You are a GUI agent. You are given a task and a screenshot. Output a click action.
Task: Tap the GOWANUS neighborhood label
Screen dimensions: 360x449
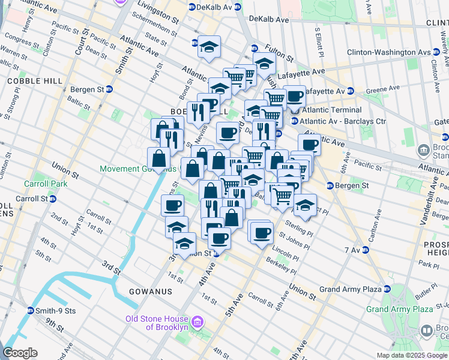pos(150,292)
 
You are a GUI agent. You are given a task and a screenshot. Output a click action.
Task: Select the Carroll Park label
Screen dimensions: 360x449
pos(40,184)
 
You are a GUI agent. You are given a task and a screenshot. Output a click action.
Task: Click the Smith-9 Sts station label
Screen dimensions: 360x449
pos(53,311)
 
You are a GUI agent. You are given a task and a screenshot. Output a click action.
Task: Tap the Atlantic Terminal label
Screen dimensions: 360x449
pos(331,110)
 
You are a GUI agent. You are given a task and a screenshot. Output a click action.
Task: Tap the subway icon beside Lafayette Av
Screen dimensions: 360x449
pos(350,91)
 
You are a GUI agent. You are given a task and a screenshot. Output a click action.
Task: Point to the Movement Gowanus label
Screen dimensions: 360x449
pos(137,169)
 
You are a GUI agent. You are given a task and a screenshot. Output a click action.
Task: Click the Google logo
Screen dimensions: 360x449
pos(20,353)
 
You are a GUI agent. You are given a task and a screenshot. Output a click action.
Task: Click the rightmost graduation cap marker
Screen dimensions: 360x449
pos(305,205)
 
